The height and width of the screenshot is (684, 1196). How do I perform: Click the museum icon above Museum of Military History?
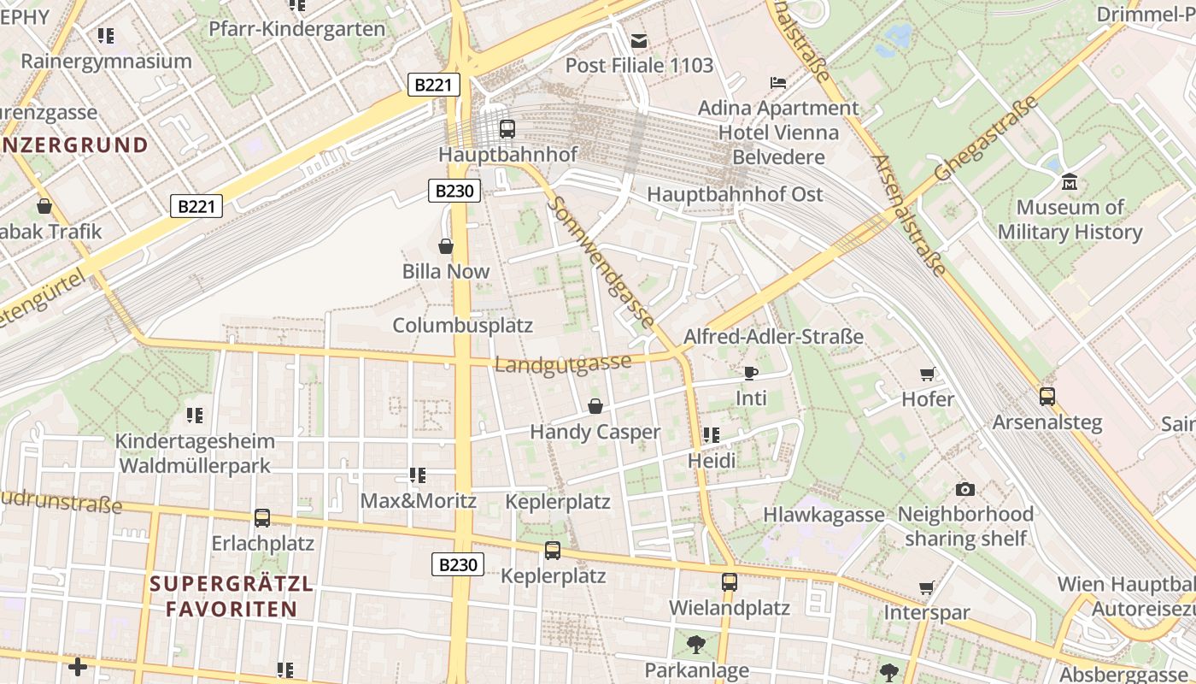(x=1069, y=181)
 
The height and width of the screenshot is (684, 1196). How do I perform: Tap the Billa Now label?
(x=446, y=272)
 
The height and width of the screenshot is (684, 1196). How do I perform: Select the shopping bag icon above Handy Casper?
(x=595, y=406)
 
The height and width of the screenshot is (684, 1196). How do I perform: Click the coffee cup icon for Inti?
(x=751, y=373)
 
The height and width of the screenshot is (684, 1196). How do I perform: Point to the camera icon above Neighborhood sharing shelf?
(x=965, y=489)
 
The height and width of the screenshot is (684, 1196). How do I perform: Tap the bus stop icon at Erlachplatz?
(x=262, y=518)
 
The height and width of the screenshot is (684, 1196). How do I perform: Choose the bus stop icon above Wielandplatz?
(x=729, y=582)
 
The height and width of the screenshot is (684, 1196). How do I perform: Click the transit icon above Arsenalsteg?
(x=1046, y=397)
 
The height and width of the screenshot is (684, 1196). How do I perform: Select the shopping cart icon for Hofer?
(x=928, y=374)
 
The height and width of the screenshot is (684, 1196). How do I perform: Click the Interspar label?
(x=927, y=613)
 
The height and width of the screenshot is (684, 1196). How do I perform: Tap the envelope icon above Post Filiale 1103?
(x=639, y=40)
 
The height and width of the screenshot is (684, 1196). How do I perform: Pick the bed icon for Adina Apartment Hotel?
(x=778, y=83)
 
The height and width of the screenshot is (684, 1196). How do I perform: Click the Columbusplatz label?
(x=462, y=326)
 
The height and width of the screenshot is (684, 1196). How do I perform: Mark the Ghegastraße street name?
(x=986, y=139)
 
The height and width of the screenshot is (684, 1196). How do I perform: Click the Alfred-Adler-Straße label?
(x=773, y=337)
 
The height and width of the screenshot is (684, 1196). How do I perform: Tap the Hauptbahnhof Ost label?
(x=735, y=194)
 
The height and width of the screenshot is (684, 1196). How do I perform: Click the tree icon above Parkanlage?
(x=696, y=645)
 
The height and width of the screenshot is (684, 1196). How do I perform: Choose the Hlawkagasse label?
(x=824, y=515)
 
